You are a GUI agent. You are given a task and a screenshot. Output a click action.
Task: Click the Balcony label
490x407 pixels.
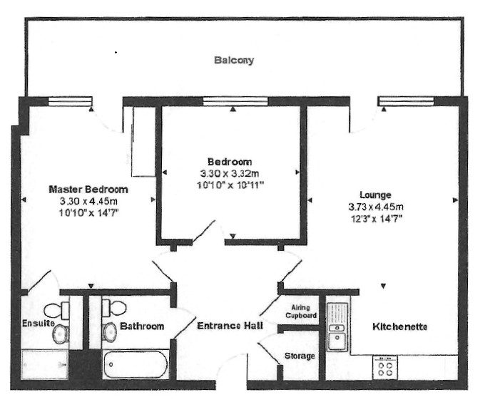click(x=234, y=61)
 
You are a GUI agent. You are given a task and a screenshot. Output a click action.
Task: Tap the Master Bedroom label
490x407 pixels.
click(x=88, y=190)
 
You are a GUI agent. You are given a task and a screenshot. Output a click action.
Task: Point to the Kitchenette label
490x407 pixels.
click(x=399, y=327)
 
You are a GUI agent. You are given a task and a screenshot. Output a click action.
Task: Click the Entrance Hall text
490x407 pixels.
click(x=230, y=326)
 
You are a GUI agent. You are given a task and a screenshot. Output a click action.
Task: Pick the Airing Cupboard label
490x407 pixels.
click(x=300, y=311)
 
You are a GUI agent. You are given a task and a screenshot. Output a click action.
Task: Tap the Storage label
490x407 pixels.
click(x=300, y=356)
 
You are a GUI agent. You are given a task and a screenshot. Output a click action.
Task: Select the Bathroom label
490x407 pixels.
click(x=142, y=326)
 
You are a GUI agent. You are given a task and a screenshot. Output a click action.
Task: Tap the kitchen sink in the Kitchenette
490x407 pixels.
click(x=337, y=328)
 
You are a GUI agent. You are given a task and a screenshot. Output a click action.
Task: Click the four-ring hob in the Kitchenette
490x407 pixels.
click(x=386, y=368)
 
